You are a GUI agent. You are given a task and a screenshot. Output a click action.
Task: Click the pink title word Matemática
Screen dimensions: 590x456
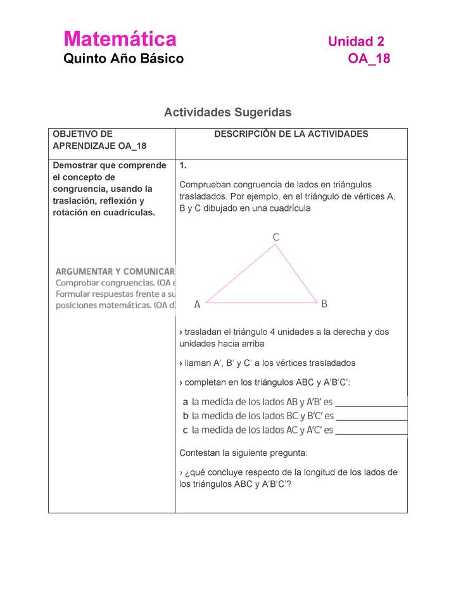120,39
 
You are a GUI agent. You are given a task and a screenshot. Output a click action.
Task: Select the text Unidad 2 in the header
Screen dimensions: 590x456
356,42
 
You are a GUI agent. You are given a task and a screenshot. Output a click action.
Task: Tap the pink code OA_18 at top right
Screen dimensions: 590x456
369,59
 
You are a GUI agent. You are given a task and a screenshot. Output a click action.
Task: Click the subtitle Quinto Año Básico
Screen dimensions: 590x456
123,59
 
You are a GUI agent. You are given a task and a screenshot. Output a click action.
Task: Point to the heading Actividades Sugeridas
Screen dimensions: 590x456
227,112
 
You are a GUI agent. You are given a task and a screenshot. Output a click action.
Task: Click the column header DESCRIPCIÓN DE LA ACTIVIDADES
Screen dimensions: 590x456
291,134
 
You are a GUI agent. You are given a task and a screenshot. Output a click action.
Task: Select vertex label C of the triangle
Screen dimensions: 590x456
276,237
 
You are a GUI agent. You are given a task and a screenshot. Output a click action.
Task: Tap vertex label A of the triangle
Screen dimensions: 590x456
197,304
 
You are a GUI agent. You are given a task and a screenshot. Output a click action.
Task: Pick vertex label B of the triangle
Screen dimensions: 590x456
324,304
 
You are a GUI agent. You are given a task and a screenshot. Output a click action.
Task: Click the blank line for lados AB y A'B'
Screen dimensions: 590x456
370,405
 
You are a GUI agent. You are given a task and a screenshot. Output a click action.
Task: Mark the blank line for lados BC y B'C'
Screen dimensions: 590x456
370,419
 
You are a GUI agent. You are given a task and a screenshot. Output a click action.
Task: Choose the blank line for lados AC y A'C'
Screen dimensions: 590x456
370,434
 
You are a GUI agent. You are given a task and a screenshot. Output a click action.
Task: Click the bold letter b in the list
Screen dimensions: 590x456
186,416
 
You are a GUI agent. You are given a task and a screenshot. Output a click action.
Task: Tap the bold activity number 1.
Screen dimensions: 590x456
182,166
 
